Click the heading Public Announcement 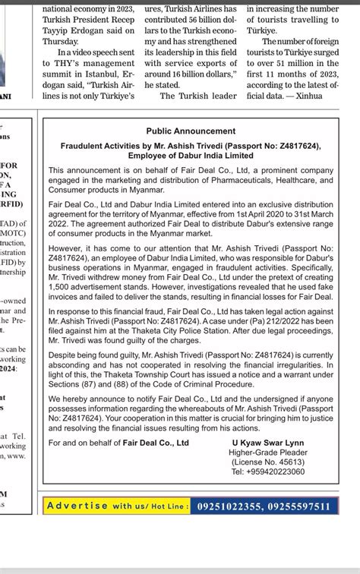point(191,131)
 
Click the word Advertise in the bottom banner point(77,506)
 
